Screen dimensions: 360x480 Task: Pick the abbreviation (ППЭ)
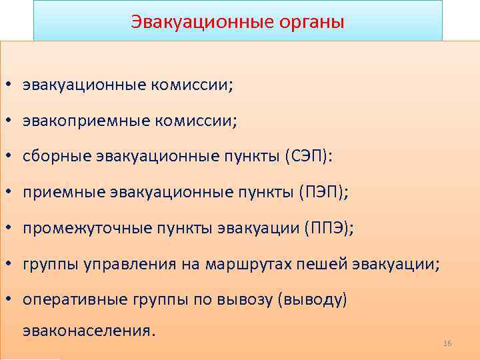[x=330, y=229]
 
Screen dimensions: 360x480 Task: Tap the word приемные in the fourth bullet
[x=61, y=193]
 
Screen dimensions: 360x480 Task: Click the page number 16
[x=447, y=343]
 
